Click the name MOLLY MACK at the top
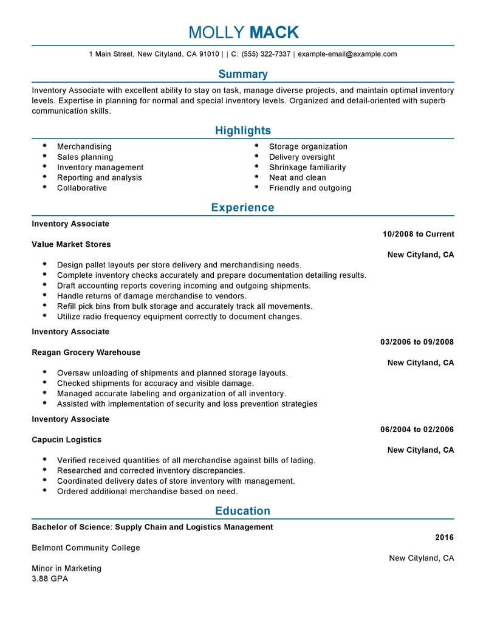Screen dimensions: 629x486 tap(243, 32)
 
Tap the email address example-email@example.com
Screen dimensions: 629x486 tap(347, 54)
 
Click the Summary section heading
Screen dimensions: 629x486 tap(243, 74)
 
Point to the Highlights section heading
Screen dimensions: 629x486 tap(243, 131)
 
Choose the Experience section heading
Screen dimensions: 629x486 tap(243, 208)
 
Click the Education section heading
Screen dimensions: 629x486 tap(243, 511)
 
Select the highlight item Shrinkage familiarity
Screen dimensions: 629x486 tap(307, 167)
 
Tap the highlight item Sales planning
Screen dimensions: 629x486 tap(85, 157)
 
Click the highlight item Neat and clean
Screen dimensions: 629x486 tap(298, 177)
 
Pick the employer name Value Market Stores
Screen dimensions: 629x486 tap(71, 244)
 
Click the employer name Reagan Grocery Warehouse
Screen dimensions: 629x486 tap(86, 352)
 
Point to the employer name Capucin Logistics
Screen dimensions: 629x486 tap(67, 439)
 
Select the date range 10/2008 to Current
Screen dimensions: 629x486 tap(419, 234)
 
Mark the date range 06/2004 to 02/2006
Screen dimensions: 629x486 tap(417, 430)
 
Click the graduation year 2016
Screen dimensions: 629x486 tap(445, 537)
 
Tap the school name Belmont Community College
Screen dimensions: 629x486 tap(86, 548)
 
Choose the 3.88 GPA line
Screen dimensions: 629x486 tap(50, 579)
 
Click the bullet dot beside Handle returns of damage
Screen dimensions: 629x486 tap(45, 296)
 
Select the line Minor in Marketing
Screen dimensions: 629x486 tap(67, 568)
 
